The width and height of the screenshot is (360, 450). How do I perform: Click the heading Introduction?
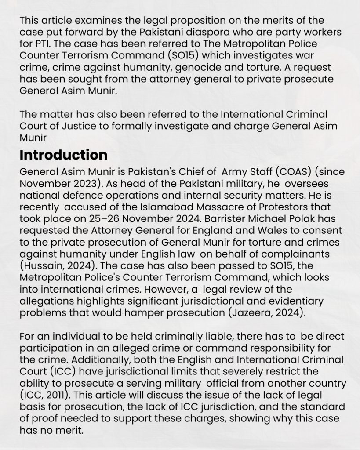tap(63, 155)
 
